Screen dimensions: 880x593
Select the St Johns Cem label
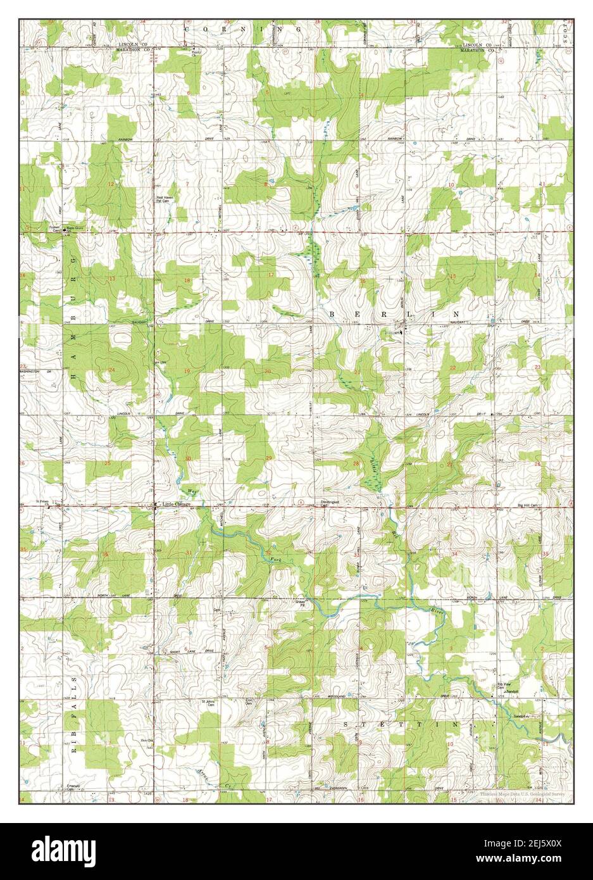[x=209, y=703]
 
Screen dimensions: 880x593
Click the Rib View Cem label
[x=503, y=685]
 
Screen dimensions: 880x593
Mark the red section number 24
[x=111, y=370]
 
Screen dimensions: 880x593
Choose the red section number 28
[x=356, y=464]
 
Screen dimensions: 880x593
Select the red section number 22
[x=453, y=368]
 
